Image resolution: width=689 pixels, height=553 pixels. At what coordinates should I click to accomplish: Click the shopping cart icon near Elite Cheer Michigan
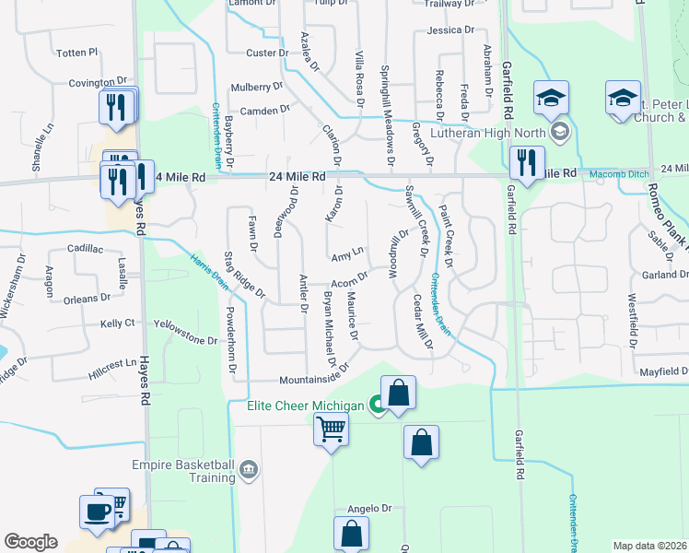[331, 429]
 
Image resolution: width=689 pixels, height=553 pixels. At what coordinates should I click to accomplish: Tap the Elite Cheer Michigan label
[307, 403]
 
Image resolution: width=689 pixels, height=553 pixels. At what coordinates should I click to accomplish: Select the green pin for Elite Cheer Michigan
[376, 403]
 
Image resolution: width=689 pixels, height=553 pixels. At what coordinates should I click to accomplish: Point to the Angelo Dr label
[369, 508]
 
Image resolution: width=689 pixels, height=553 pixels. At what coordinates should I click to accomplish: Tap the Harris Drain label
[208, 270]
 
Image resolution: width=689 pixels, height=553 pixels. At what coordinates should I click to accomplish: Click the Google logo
[29, 542]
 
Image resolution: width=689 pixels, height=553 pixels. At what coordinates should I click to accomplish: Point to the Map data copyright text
[648, 546]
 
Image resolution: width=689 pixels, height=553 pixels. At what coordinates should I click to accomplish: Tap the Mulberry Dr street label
[257, 87]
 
